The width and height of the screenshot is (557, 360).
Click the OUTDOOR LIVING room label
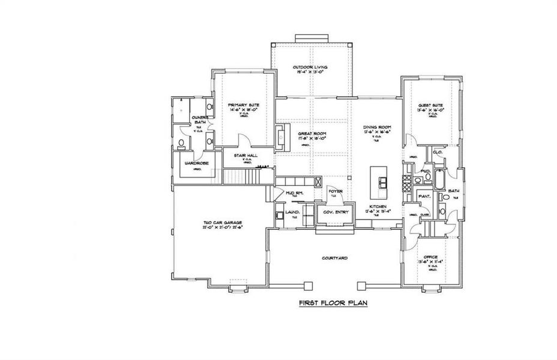309,67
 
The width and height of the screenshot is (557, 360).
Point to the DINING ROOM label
377,128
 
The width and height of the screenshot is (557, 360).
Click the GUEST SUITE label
430,106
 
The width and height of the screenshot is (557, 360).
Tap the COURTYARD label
334,257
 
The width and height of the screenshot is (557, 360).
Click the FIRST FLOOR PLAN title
333,304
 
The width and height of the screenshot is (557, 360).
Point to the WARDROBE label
196,163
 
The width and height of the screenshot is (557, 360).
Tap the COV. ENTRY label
335,212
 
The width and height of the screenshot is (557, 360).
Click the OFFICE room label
432,257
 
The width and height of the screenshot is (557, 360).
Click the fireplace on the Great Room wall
280,135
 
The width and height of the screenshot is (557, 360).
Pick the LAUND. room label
292,212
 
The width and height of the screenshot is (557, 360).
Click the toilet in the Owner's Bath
181,143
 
